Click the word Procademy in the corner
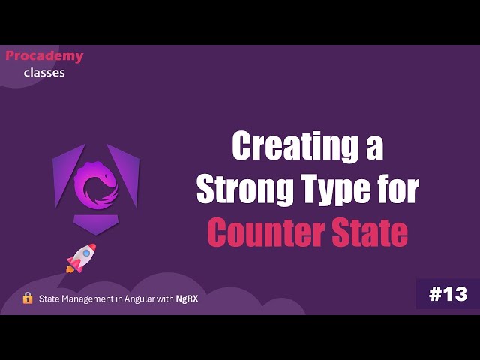[x=44, y=56]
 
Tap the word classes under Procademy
[x=44, y=73]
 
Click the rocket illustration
[x=80, y=257]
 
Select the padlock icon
[x=28, y=298]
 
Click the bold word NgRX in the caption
[x=187, y=298]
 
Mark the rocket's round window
[x=85, y=253]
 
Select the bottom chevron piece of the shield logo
[x=96, y=224]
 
